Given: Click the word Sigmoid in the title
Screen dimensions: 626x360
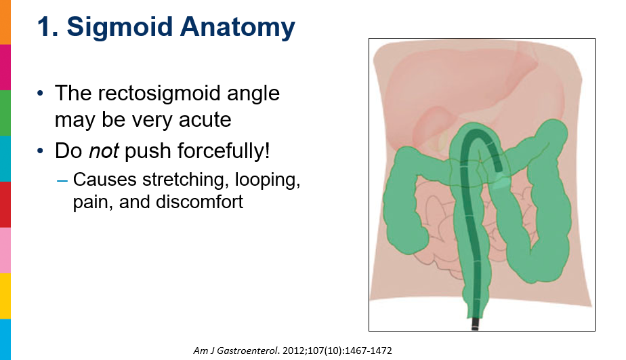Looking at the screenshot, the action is (119, 27).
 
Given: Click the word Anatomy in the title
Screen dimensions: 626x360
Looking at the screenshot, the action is (238, 27).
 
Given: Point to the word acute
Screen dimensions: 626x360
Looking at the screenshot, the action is (205, 120).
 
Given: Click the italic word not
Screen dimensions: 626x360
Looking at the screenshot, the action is (104, 151).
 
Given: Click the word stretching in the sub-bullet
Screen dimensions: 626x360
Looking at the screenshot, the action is (186, 180).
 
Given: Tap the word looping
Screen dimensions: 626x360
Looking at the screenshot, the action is (268, 180).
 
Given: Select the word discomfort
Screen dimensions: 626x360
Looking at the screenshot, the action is (199, 202).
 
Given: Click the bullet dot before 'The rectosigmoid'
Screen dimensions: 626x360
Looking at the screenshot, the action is (40, 94).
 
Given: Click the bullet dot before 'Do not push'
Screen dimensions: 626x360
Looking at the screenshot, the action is (40, 151).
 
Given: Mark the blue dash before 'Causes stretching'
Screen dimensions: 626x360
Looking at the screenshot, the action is (62, 180).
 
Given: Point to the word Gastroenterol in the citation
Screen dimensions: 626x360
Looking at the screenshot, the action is (247, 351).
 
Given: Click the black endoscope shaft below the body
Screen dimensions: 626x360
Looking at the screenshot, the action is (475, 323).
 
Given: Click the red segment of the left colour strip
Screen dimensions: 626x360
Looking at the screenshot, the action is (5, 205).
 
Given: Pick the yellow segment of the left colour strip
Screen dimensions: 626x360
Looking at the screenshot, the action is (5, 296).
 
